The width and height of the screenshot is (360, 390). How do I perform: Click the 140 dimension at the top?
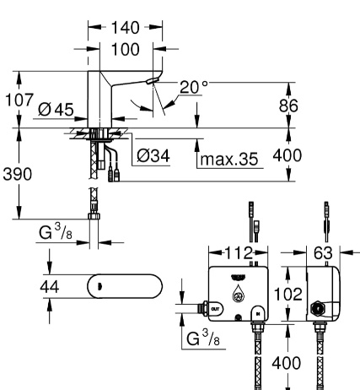pyautogui.click(x=125, y=28)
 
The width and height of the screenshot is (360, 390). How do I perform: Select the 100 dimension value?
pyautogui.click(x=125, y=49)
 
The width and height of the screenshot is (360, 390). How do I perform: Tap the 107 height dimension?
pyautogui.click(x=19, y=100)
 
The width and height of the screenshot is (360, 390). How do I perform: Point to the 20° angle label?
pyautogui.click(x=194, y=87)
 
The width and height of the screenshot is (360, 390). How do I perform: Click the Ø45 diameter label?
pyautogui.click(x=56, y=109)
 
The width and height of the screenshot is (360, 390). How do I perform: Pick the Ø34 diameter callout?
pyautogui.click(x=153, y=155)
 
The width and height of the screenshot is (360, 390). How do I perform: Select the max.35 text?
pyautogui.click(x=229, y=159)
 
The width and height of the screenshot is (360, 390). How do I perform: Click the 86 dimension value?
pyautogui.click(x=288, y=106)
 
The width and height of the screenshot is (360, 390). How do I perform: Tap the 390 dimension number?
pyautogui.click(x=18, y=174)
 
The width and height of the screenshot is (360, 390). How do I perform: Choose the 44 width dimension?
pyautogui.click(x=50, y=287)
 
